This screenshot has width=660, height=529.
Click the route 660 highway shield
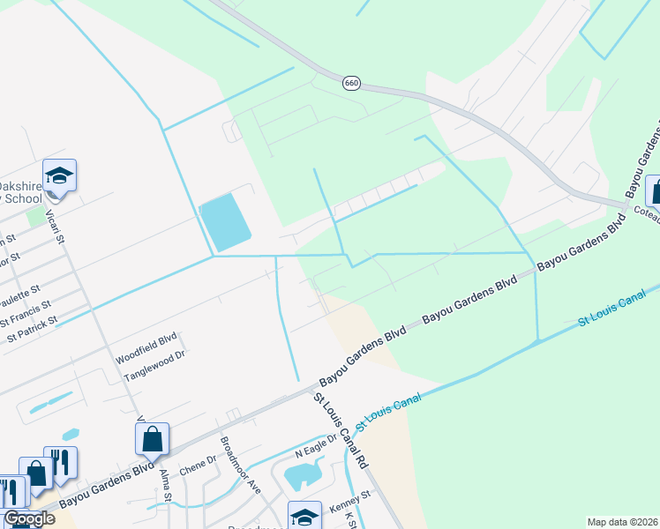(x=351, y=82)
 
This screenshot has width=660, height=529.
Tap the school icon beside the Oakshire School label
(x=59, y=175)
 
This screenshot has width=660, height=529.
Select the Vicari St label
(x=59, y=227)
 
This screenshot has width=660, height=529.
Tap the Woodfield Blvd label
(x=146, y=361)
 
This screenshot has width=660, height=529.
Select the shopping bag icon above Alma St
(x=152, y=439)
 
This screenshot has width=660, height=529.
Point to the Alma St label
(x=166, y=485)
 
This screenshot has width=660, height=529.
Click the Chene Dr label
(x=199, y=464)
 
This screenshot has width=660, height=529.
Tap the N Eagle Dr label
(x=317, y=445)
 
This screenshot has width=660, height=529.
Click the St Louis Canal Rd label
(x=340, y=431)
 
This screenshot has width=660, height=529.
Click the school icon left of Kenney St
(x=304, y=516)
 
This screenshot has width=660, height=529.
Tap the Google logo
(x=29, y=519)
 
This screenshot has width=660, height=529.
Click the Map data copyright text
(x=622, y=522)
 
